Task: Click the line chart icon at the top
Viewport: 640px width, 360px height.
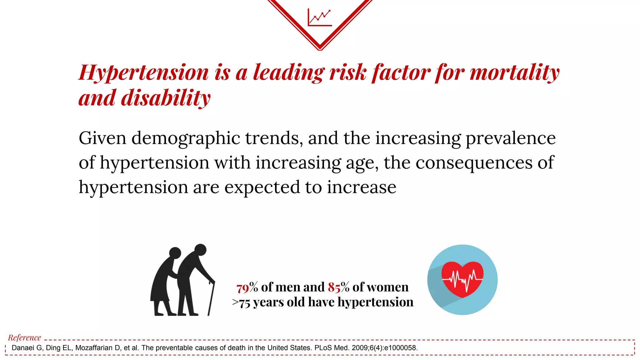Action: (x=319, y=17)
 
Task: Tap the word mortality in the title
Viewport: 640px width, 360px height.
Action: (x=514, y=72)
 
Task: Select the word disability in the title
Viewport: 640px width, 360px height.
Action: (x=166, y=98)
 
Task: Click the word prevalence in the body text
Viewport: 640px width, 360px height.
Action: (x=511, y=138)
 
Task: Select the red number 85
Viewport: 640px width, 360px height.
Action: (x=334, y=287)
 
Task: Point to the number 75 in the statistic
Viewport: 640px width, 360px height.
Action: (x=245, y=302)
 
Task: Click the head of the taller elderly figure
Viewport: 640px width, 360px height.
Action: (x=200, y=250)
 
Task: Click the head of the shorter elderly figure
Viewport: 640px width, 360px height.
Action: (x=175, y=253)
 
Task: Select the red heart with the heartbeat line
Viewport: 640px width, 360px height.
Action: (x=462, y=278)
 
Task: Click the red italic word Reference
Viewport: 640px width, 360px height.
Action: (x=24, y=337)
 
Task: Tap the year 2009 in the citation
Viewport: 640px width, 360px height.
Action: (x=359, y=348)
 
